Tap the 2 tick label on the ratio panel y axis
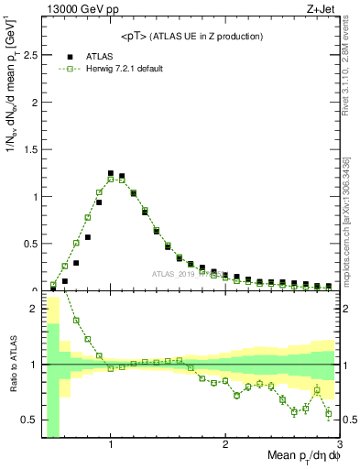35,309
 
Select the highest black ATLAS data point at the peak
111,173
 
